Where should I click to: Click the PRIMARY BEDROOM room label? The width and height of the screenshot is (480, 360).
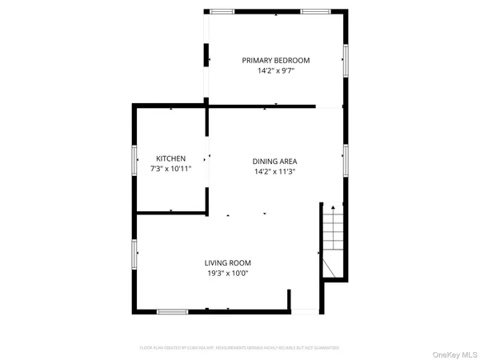tap(276, 60)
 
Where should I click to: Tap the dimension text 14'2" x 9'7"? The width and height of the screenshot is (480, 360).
tap(276, 70)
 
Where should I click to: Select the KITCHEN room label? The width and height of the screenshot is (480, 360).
tap(171, 158)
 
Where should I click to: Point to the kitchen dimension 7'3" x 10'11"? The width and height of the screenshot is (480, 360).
tap(171, 170)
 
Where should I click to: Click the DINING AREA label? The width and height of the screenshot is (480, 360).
tap(275, 161)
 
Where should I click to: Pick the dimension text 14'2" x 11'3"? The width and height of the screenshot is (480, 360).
tap(275, 171)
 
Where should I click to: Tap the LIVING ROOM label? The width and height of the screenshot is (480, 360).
tap(228, 262)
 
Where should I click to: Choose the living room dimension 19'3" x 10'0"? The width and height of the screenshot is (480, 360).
tap(228, 273)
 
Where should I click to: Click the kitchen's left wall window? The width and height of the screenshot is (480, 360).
tap(134, 158)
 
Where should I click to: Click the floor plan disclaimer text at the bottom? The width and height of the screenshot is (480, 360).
tap(240, 348)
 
